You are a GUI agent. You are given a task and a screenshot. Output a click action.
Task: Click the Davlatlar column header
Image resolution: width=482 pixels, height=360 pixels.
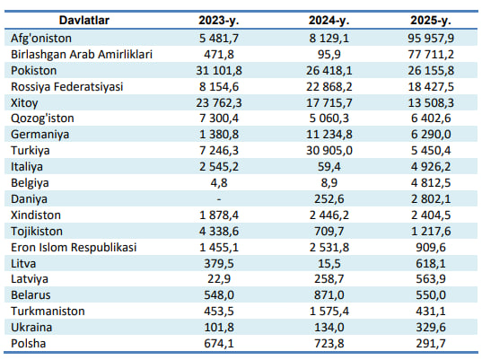tap(83, 21)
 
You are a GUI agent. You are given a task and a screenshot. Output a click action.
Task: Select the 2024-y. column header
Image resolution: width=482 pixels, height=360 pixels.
tap(329, 21)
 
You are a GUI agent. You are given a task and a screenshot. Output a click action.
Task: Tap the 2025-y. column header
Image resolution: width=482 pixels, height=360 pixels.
tap(431, 21)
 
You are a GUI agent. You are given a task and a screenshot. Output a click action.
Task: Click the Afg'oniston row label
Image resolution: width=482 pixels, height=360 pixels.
tap(41, 39)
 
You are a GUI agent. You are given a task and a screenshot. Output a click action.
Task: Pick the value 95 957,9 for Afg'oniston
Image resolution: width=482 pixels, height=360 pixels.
tap(431, 39)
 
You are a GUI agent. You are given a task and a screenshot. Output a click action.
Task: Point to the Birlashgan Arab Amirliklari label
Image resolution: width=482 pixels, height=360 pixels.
tap(82, 55)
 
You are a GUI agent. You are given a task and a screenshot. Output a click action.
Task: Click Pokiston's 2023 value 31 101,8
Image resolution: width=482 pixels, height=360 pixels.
tap(219, 71)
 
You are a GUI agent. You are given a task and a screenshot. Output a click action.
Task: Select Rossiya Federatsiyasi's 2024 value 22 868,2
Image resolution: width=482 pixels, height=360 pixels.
tap(329, 87)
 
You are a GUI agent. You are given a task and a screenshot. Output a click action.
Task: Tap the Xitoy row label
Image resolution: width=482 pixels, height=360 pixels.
tap(24, 103)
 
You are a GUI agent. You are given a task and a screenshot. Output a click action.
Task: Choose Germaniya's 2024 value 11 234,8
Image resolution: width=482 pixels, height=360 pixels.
tap(329, 135)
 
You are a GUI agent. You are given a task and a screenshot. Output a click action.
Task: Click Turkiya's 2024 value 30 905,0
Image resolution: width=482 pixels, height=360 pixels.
tap(329, 151)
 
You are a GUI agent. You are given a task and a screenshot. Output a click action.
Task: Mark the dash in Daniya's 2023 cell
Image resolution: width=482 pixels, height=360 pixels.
tap(219, 199)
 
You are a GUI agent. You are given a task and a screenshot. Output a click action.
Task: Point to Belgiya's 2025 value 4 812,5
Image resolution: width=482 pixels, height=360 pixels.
tap(431, 183)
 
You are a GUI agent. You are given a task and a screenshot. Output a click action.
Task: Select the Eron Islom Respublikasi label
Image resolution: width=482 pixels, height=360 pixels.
tap(74, 248)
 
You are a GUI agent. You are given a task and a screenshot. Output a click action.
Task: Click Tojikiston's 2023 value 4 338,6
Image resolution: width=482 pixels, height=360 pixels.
tap(219, 232)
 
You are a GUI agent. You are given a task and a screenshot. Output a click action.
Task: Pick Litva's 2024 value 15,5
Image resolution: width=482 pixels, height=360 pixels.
tap(329, 264)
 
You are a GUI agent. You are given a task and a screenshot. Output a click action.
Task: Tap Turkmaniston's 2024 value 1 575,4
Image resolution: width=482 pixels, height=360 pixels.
tap(329, 312)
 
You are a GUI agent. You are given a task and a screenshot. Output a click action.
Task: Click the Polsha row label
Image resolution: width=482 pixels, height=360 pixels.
tap(29, 344)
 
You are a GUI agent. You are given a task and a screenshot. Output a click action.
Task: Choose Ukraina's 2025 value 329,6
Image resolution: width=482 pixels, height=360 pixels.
tap(431, 328)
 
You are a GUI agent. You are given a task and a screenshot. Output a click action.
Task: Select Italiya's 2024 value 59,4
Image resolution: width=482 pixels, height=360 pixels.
tap(329, 167)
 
